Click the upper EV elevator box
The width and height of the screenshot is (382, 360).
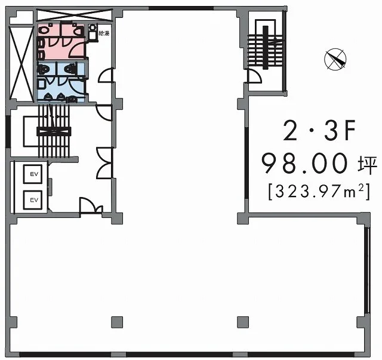pyautogui.click(x=33, y=174)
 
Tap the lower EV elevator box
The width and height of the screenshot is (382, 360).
pyautogui.click(x=33, y=200)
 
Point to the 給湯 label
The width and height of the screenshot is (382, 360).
pyautogui.click(x=104, y=33)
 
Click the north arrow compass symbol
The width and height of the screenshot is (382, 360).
pyautogui.click(x=335, y=59)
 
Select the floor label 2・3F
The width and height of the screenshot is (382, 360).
pyautogui.click(x=319, y=131)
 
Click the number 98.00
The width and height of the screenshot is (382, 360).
pyautogui.click(x=304, y=163)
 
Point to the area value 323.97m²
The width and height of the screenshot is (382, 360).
pyautogui.click(x=319, y=192)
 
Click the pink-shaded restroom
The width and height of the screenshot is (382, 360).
pyautogui.click(x=61, y=41)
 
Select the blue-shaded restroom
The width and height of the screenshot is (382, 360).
pyautogui.click(x=61, y=82)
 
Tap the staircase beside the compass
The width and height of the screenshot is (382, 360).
pyautogui.click(x=265, y=47)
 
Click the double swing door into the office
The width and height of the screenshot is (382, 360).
pyautogui.click(x=104, y=163)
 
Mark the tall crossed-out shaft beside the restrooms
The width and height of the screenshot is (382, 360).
pyautogui.click(x=21, y=63)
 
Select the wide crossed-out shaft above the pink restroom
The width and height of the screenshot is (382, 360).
pyautogui.click(x=75, y=15)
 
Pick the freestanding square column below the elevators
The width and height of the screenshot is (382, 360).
pyautogui.click(x=117, y=322)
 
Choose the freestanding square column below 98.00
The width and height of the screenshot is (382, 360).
pyautogui.click(x=243, y=322)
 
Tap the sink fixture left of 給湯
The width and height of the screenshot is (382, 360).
pyautogui.click(x=93, y=32)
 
